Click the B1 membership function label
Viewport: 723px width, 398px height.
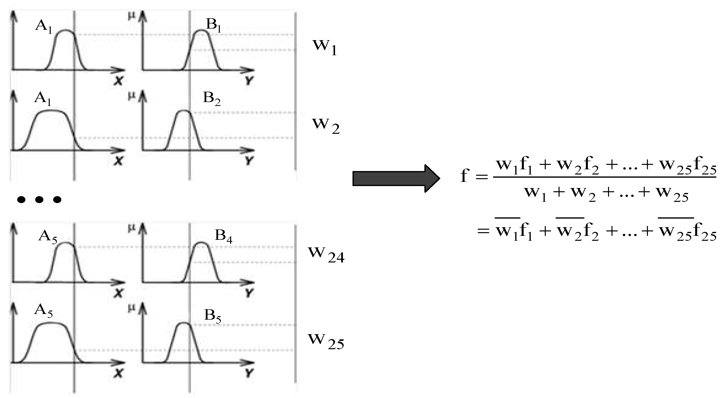point(213,26)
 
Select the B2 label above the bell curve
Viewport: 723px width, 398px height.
point(211,99)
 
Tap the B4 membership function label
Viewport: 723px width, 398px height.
point(223,236)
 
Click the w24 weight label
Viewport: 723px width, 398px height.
point(326,254)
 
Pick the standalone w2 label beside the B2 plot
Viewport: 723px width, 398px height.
point(326,125)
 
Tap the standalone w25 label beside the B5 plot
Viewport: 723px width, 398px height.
point(326,341)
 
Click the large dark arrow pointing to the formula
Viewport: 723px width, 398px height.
point(396,179)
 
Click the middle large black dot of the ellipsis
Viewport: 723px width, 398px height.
point(39,200)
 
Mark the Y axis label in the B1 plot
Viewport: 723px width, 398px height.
point(249,81)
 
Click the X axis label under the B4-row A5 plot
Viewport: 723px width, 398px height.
point(118,294)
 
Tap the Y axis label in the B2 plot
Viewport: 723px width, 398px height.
point(249,161)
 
